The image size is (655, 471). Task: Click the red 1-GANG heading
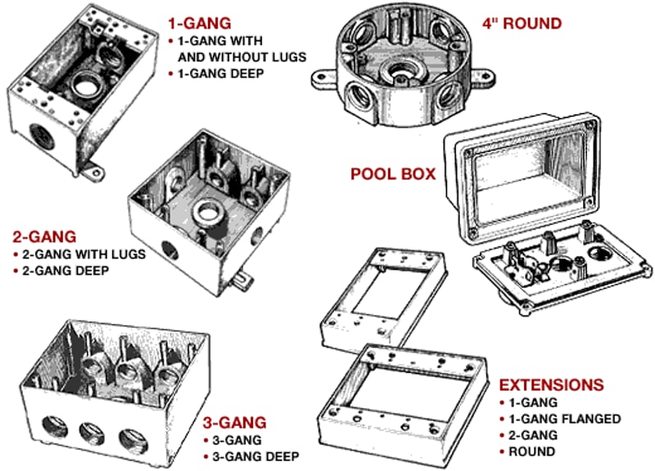coord(198,24)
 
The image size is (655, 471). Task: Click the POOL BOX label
coord(392,174)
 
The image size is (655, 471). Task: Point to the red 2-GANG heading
coord(44,238)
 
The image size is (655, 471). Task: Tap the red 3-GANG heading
coord(234,423)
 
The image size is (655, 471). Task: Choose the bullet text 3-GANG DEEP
coord(255,455)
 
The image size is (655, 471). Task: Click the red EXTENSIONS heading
coord(551,385)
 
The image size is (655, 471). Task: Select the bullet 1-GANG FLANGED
coord(565,419)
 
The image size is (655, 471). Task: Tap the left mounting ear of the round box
coord(321,78)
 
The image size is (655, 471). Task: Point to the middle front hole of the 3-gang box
coord(89,437)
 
